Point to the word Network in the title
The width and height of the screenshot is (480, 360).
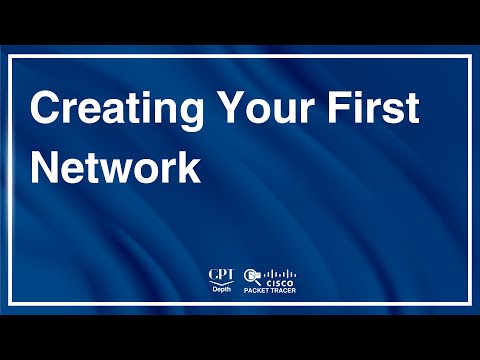(x=115, y=167)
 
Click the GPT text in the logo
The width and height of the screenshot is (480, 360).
(x=220, y=273)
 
